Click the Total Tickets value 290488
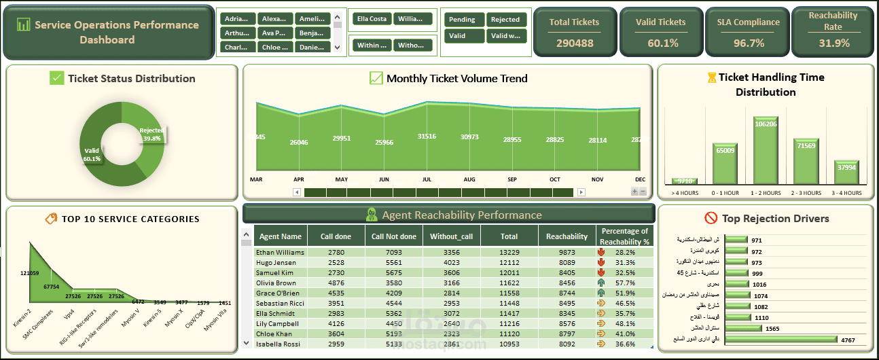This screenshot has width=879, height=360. point(575,43)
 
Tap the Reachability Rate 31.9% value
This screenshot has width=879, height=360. point(833,43)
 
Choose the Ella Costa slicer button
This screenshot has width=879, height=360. point(370,19)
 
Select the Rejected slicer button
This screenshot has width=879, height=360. point(505,20)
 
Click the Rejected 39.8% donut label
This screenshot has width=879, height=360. point(152,134)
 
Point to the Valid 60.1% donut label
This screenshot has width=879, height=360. point(92,154)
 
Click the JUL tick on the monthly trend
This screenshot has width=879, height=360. point(427,179)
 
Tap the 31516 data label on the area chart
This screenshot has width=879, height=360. point(427,137)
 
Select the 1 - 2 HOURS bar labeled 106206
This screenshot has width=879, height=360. point(766,149)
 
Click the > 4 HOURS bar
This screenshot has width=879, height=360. point(685,181)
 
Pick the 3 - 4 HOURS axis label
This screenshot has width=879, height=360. point(847,193)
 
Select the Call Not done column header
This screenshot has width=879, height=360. point(394,236)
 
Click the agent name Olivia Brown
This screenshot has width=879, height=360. point(276,283)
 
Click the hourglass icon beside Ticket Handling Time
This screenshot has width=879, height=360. point(711,77)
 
